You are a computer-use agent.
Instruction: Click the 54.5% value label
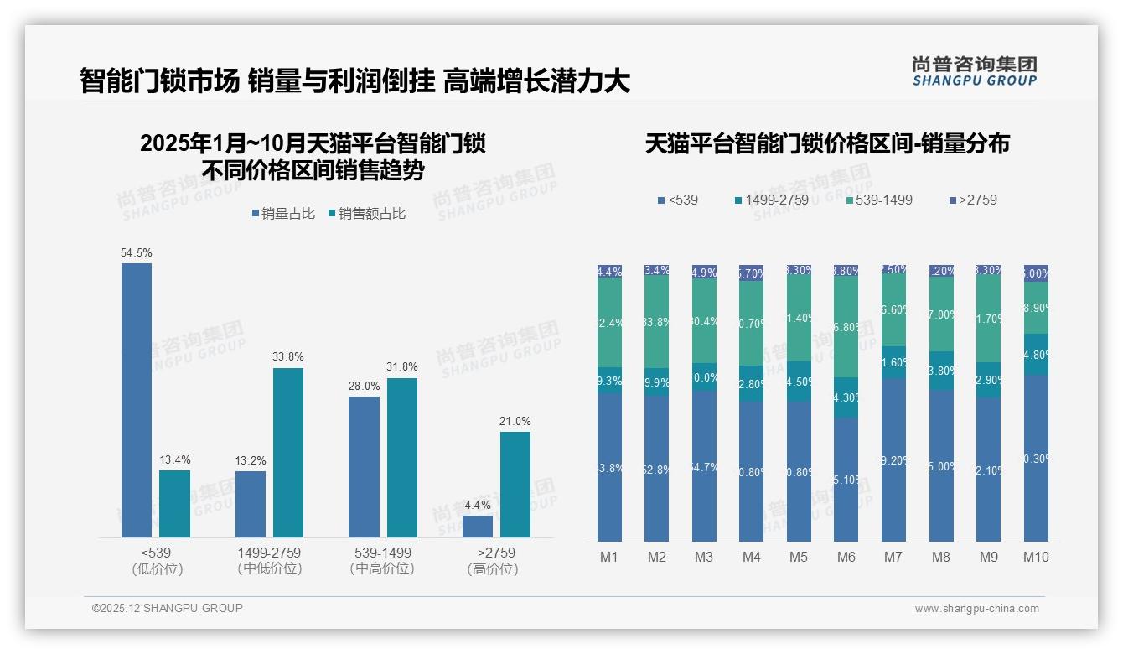pyautogui.click(x=137, y=252)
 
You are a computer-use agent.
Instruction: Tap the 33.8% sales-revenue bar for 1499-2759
pyautogui.click(x=288, y=453)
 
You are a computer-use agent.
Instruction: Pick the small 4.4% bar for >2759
pyautogui.click(x=478, y=527)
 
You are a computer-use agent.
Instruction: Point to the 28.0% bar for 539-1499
pyautogui.click(x=364, y=467)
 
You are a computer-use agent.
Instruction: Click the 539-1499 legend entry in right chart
pyautogui.click(x=879, y=200)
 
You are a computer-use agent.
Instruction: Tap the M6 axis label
pyautogui.click(x=846, y=557)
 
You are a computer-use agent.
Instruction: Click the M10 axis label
pyautogui.click(x=1036, y=557)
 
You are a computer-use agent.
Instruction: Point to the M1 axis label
pyautogui.click(x=609, y=557)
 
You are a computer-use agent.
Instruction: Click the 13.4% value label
pyautogui.click(x=175, y=459)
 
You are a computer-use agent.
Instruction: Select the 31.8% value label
pyautogui.click(x=402, y=367)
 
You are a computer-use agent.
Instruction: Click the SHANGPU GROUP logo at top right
pyautogui.click(x=974, y=71)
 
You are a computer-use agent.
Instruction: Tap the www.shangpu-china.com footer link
pyautogui.click(x=976, y=609)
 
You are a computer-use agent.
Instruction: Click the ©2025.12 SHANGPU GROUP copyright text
pyautogui.click(x=168, y=608)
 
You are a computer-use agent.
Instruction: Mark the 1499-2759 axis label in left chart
pyautogui.click(x=269, y=553)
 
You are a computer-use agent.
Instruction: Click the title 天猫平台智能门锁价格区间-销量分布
pyautogui.click(x=827, y=144)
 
